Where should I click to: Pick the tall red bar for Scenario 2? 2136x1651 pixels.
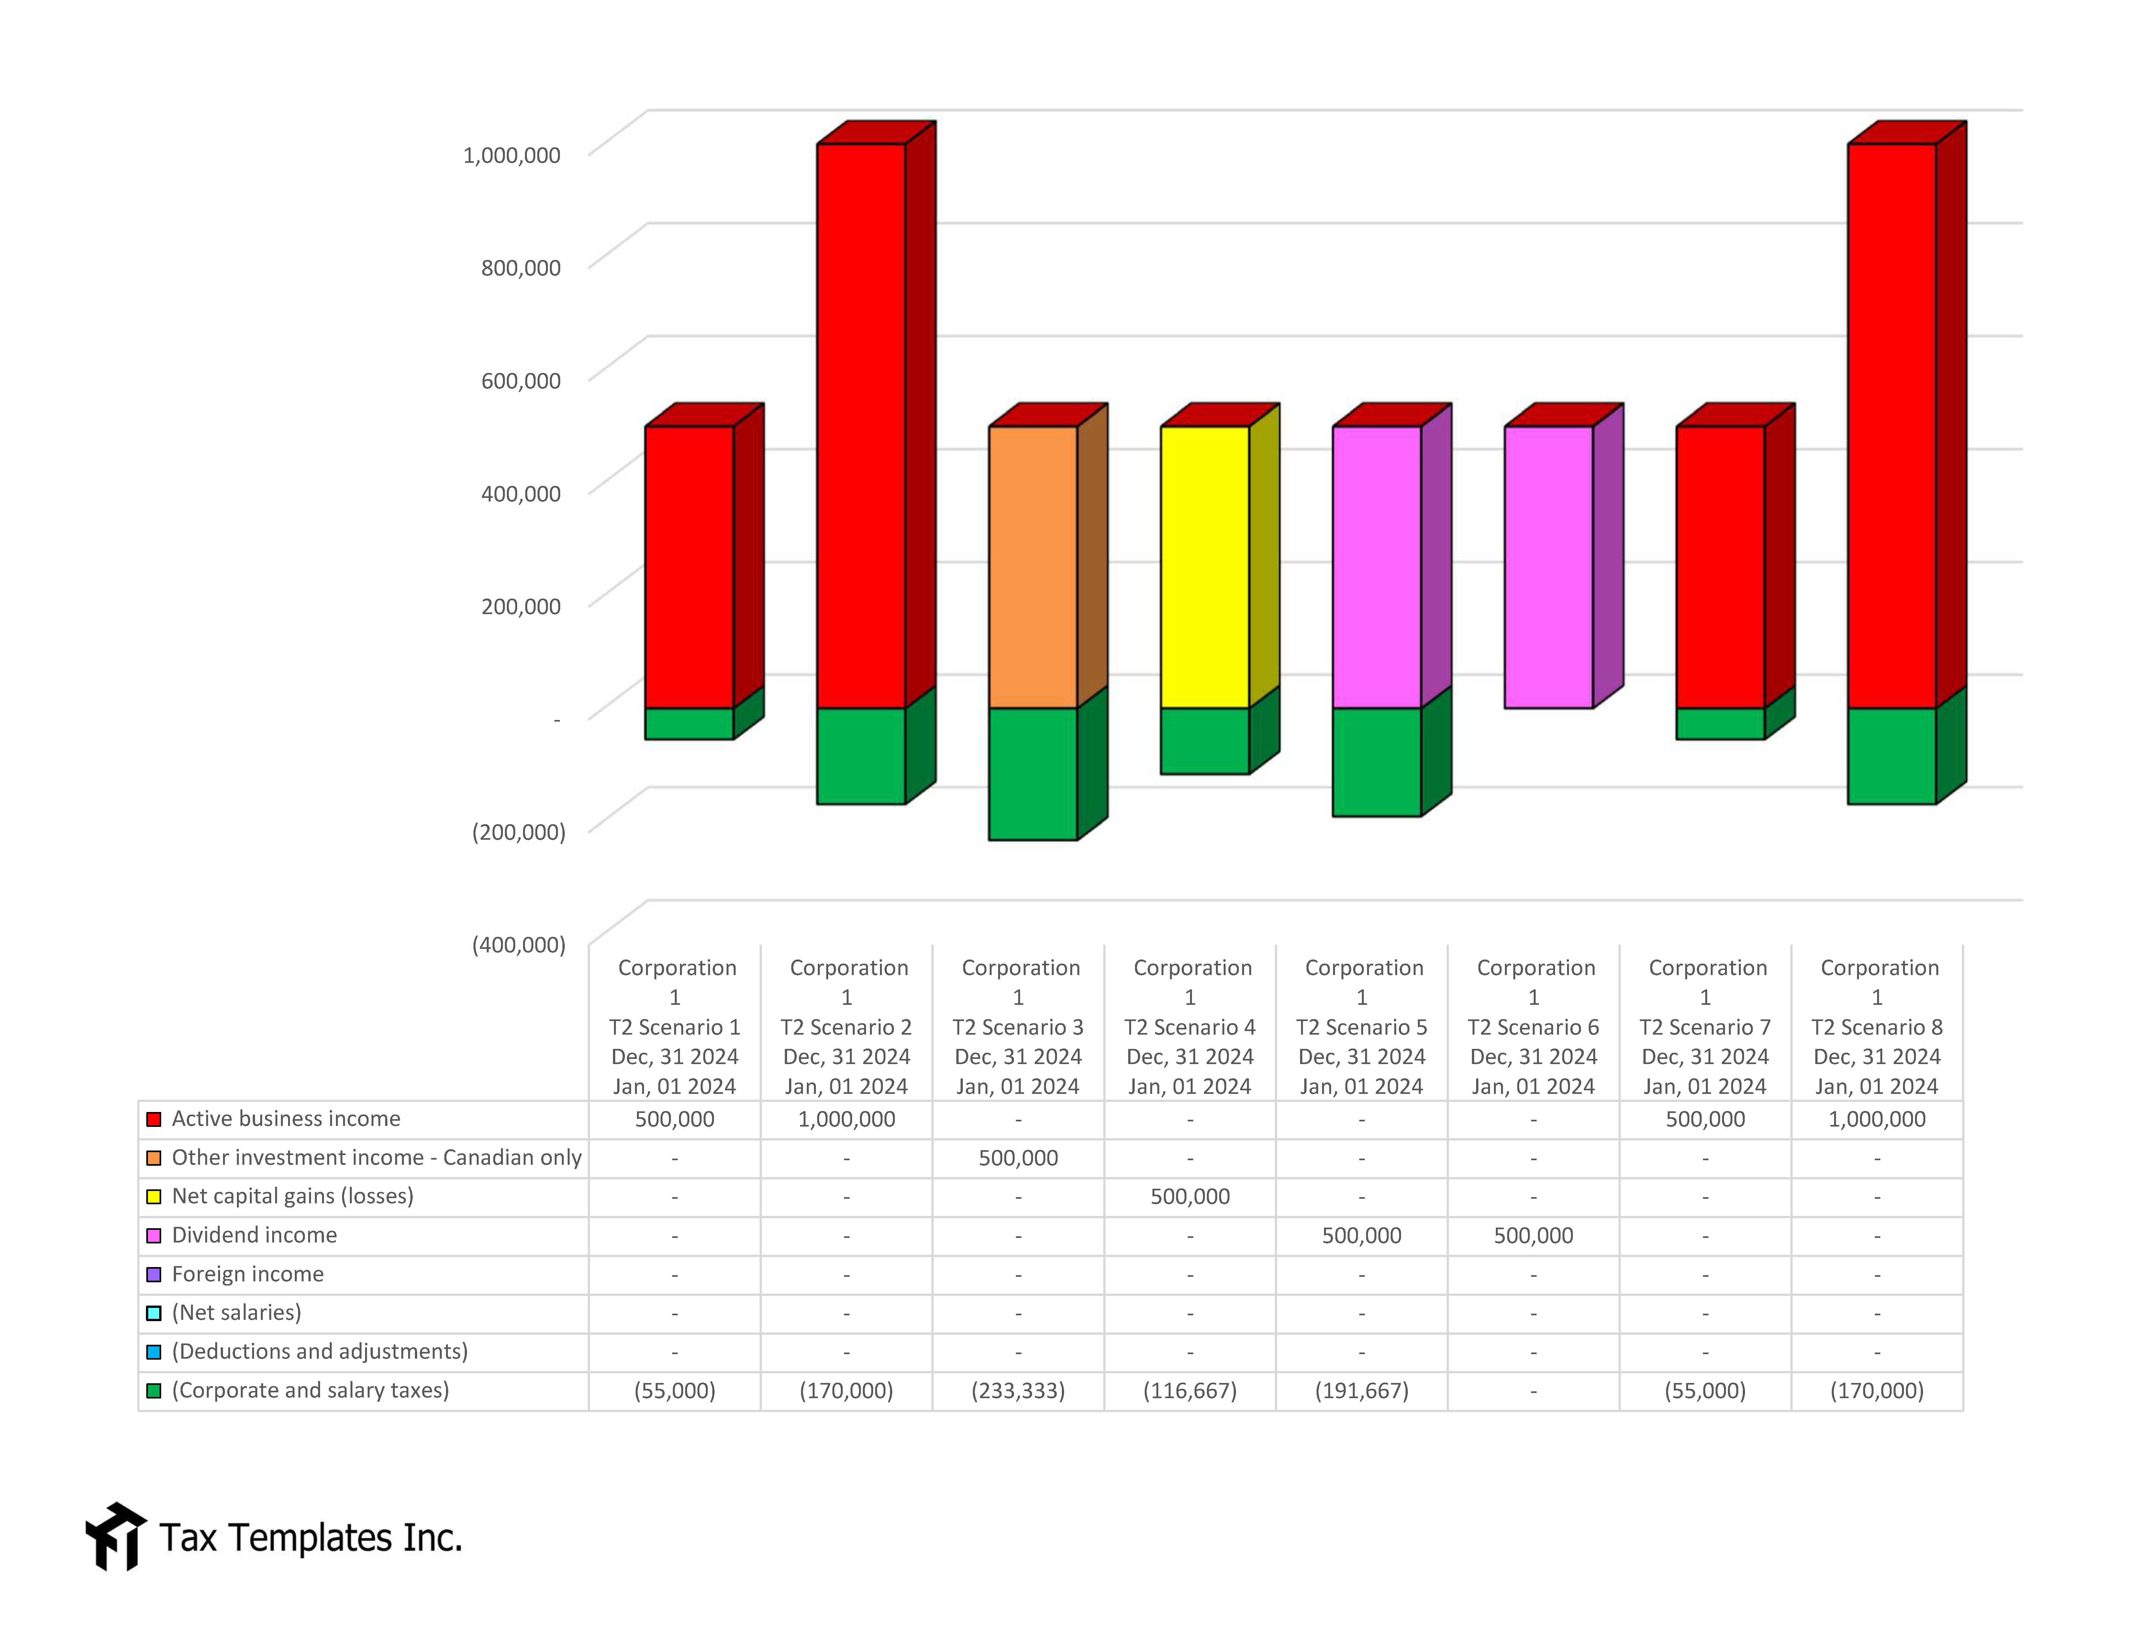point(861,425)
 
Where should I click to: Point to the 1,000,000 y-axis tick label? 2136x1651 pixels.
point(511,154)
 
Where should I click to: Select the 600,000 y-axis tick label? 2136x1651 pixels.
point(520,380)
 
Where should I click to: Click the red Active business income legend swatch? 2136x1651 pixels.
point(153,1119)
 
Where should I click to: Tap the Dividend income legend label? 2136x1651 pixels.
point(254,1235)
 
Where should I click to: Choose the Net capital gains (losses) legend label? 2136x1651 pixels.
point(293,1196)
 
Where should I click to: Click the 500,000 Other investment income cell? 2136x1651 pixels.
point(1018,1158)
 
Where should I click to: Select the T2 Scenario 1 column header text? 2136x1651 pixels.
point(675,1027)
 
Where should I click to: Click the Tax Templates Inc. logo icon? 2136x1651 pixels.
point(116,1537)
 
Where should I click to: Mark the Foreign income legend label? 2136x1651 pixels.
point(248,1274)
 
